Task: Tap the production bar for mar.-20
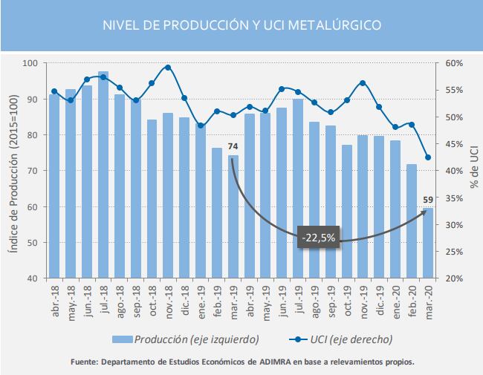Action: pyautogui.click(x=428, y=244)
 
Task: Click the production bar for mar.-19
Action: pyautogui.click(x=233, y=217)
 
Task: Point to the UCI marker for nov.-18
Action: pyautogui.click(x=168, y=68)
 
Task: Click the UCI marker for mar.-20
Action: pyautogui.click(x=428, y=157)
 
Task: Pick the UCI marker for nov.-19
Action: pyautogui.click(x=363, y=83)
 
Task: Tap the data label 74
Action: pyautogui.click(x=233, y=146)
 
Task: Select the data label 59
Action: pyautogui.click(x=428, y=199)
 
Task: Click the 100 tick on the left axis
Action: pyautogui.click(x=32, y=63)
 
